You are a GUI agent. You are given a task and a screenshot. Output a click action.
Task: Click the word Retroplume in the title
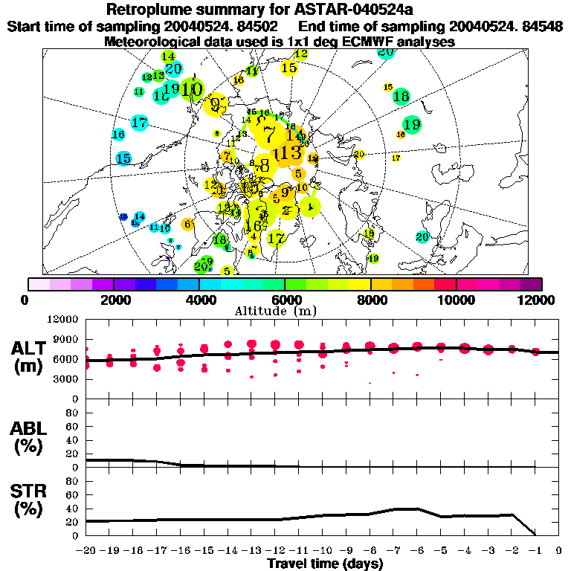coord(146,10)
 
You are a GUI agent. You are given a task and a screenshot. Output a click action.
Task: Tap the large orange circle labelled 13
coord(287,153)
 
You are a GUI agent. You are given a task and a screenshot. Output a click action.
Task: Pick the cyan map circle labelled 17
coord(139,123)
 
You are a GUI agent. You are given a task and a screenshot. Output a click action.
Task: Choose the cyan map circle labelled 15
coord(123,158)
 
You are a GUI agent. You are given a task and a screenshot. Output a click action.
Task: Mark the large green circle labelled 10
coord(192,89)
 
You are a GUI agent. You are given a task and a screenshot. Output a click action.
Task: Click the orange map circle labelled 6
coord(187,224)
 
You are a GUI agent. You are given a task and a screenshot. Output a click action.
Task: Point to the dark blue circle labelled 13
coord(123,216)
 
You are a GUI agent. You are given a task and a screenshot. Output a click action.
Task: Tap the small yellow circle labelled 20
coord(360,155)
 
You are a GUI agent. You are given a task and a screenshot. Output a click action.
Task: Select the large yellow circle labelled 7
coord(269,132)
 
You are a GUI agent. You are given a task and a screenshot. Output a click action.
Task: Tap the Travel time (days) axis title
coord(325,564)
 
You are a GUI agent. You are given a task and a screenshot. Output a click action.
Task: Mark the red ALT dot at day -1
coord(535,352)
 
